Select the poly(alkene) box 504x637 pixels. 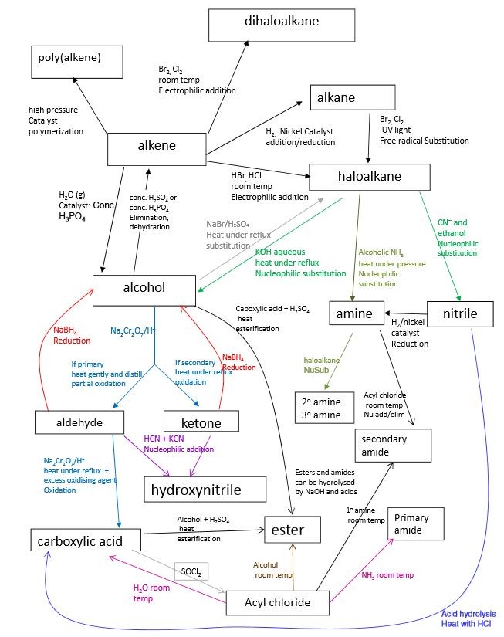(x=77, y=61)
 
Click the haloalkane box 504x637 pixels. (x=367, y=177)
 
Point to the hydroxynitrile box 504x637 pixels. (x=205, y=490)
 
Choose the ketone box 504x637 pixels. (x=201, y=422)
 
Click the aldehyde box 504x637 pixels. (x=79, y=422)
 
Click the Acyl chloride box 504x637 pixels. (x=278, y=602)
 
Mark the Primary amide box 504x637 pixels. (x=418, y=525)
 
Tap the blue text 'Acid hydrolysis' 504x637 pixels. (x=467, y=614)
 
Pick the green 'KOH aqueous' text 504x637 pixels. (x=281, y=252)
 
